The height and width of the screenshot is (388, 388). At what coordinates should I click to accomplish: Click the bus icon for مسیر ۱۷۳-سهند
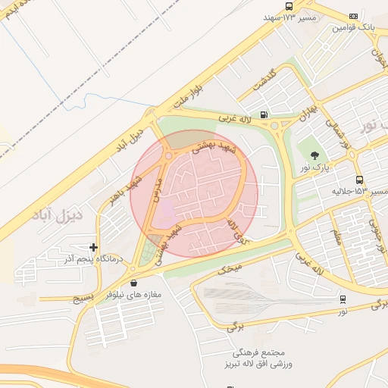pos(289,6)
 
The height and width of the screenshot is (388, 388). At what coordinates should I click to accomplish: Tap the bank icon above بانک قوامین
pos(353,16)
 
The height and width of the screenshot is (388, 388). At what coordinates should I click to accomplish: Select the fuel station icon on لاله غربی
pos(263,115)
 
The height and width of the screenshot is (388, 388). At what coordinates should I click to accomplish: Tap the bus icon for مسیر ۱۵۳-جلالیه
pos(358,180)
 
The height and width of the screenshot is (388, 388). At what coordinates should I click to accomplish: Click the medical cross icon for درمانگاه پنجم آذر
pos(93,247)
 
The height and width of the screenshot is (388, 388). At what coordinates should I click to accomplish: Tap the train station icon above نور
pos(343,299)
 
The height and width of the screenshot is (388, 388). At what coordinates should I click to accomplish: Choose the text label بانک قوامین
pos(354,27)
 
